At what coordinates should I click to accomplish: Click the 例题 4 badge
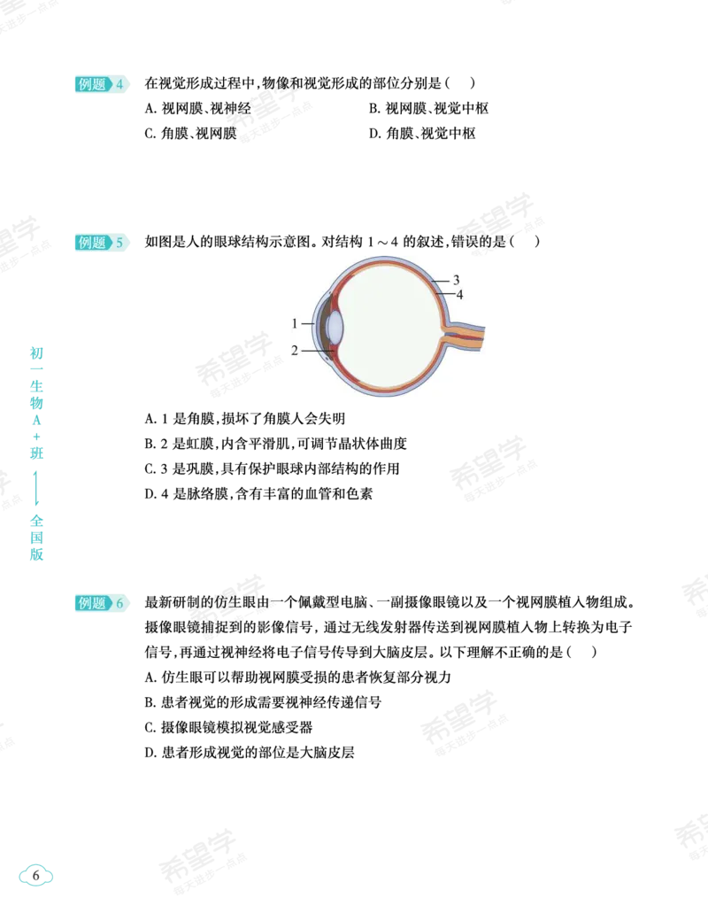(101, 84)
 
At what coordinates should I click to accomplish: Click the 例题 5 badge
(101, 242)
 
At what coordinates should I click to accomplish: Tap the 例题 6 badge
(101, 603)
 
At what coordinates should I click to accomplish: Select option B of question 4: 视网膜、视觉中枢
(428, 109)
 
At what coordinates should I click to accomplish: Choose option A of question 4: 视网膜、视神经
(198, 109)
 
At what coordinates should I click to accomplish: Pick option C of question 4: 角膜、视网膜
(191, 134)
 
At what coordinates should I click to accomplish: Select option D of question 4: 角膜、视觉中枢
(422, 134)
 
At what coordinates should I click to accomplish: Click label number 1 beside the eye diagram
(295, 323)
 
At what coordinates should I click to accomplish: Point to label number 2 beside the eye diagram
(295, 351)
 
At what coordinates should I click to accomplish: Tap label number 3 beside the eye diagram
(456, 280)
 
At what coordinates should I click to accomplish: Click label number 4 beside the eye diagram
(459, 294)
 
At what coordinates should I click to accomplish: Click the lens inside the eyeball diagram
(334, 327)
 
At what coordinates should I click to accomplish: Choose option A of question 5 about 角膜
(245, 419)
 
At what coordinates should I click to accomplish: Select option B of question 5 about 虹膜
(275, 444)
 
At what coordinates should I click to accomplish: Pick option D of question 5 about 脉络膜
(258, 494)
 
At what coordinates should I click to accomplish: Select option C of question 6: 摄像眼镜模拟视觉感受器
(228, 728)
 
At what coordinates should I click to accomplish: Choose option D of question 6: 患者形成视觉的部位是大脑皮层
(250, 753)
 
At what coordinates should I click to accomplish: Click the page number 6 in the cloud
(35, 875)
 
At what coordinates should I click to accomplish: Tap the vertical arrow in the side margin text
(36, 488)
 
